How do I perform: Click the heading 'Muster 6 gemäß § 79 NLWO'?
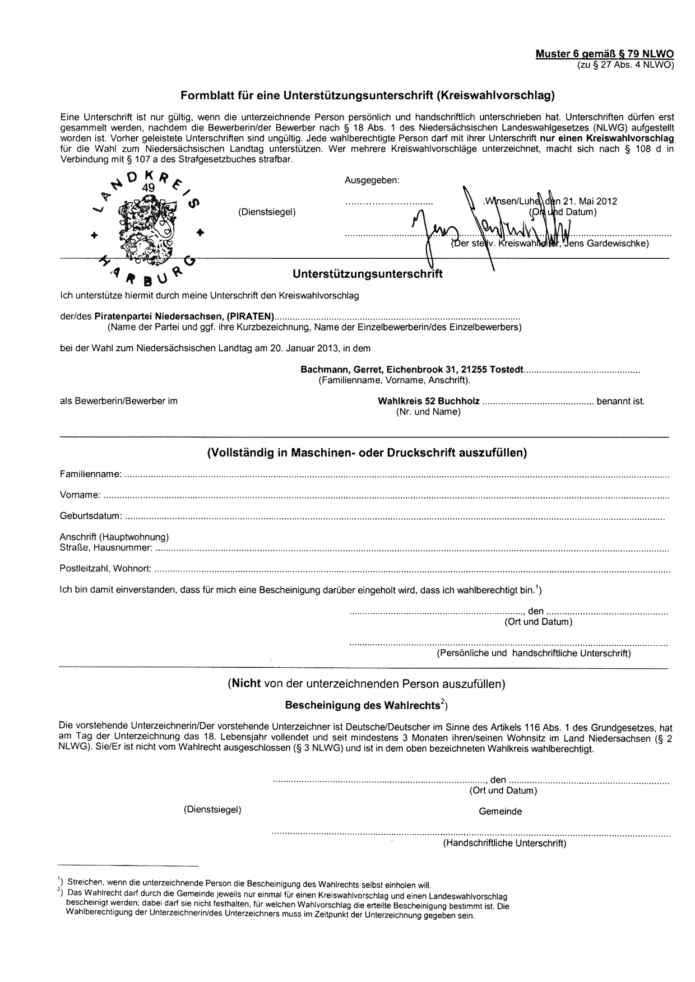604,54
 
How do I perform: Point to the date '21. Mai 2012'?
590,202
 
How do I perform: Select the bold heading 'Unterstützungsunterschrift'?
367,274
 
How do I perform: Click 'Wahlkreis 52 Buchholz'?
429,401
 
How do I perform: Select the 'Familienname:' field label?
90,474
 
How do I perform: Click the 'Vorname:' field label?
80,495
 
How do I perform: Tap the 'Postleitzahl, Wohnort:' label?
105,569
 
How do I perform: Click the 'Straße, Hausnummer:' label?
105,547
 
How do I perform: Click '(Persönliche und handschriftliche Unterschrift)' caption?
534,653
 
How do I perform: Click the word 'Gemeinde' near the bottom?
500,811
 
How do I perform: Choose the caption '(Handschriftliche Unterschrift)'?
504,843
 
